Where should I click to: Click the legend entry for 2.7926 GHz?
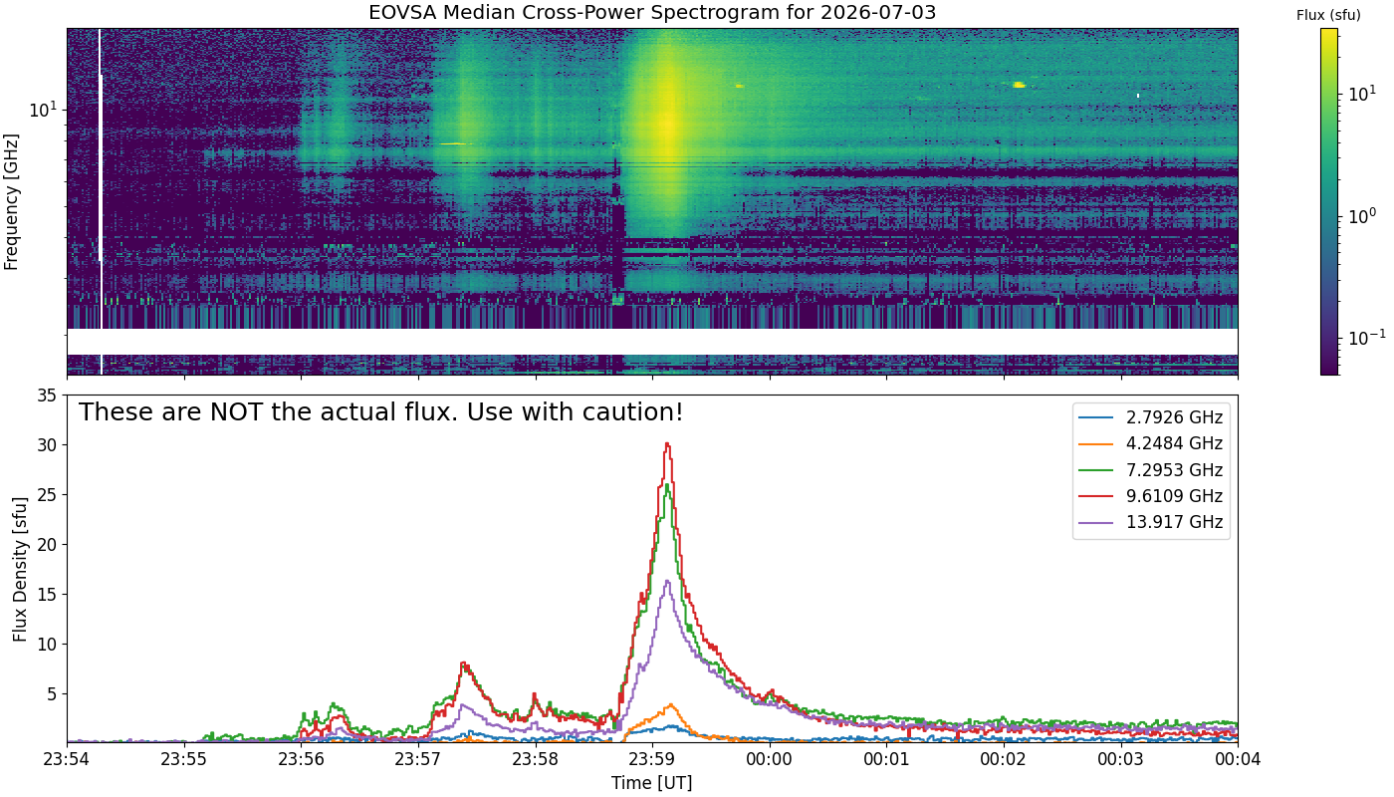click(x=1150, y=417)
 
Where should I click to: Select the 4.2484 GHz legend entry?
click(x=1150, y=443)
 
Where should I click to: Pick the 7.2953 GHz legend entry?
click(x=1150, y=469)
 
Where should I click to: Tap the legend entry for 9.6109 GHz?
click(x=1150, y=496)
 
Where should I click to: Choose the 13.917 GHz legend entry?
click(x=1150, y=522)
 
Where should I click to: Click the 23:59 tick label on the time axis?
click(x=652, y=759)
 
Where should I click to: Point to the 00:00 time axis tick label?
click(x=770, y=759)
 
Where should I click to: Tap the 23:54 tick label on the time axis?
click(x=68, y=759)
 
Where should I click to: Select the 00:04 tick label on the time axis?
click(x=1238, y=759)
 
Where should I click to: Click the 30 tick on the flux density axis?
click(x=48, y=445)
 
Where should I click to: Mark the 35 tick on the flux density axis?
click(x=48, y=396)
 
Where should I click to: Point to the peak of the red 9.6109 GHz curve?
click(x=667, y=443)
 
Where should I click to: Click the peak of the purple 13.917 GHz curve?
click(x=668, y=581)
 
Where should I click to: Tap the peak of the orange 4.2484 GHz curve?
click(x=670, y=704)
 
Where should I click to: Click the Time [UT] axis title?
click(x=651, y=783)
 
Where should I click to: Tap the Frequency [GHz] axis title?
click(x=11, y=201)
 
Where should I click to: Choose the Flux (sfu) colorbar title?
click(x=1328, y=16)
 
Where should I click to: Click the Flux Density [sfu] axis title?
click(x=20, y=569)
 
